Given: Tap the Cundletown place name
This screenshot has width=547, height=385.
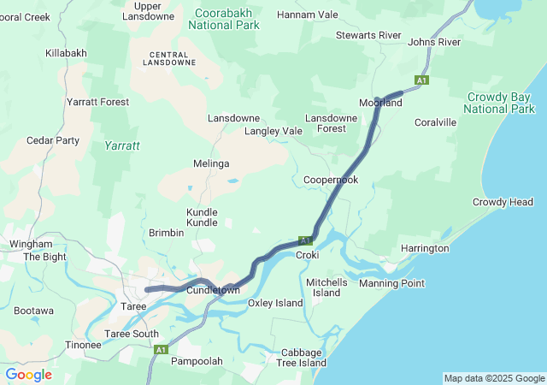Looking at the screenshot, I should [x=214, y=291].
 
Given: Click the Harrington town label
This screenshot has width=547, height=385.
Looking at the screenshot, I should [x=425, y=248].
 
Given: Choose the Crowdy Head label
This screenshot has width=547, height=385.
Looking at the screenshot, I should [x=503, y=202].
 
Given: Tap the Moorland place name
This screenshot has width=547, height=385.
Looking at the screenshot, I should [x=380, y=103].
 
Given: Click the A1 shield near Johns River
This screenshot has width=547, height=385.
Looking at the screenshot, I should [x=421, y=80].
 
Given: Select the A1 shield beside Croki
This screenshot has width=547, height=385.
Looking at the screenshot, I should [x=306, y=241].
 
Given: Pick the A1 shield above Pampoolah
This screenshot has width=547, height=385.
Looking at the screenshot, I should [x=161, y=349].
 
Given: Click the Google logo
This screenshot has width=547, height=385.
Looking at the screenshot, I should [x=28, y=375].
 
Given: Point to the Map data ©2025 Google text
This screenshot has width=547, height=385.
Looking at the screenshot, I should [x=493, y=378].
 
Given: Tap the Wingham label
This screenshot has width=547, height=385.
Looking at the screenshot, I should [x=31, y=244].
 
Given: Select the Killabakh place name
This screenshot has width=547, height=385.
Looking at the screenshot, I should [x=66, y=53].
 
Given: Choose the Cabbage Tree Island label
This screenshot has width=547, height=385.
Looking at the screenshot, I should [x=301, y=358].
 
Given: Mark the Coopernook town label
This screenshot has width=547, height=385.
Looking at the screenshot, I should [x=331, y=181].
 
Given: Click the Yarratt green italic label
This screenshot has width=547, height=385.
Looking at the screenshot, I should [x=122, y=146].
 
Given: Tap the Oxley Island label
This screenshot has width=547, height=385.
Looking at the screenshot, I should [x=275, y=303].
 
